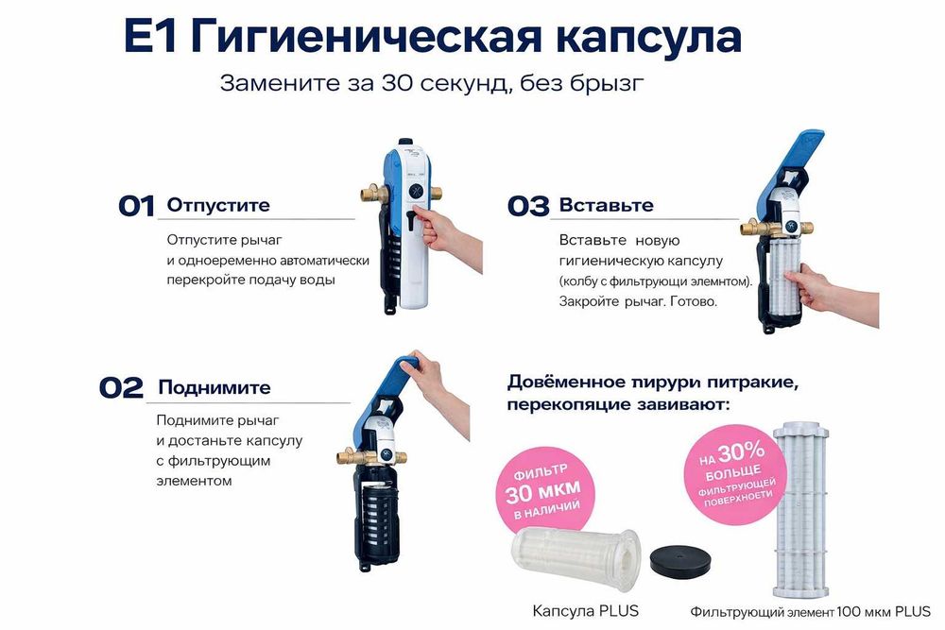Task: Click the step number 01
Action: point(136,207)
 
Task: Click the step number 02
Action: point(121,388)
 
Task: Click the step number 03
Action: point(527,207)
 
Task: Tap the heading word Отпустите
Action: point(218,205)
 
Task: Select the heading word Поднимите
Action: point(215,387)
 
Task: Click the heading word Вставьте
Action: point(606,205)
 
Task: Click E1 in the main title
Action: point(151,38)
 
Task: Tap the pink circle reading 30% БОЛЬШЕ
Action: point(738,468)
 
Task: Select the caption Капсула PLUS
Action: point(586,611)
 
